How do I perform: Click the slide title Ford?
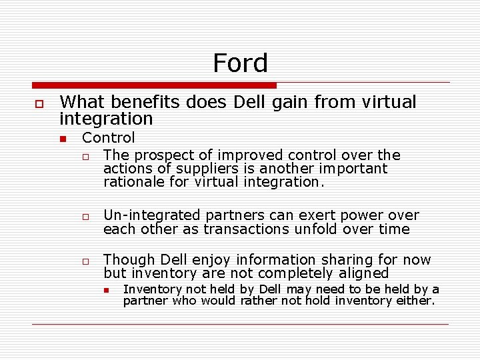click(x=240, y=63)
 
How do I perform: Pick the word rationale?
click(x=133, y=182)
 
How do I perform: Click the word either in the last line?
click(x=417, y=301)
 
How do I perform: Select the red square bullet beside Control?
click(x=63, y=139)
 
